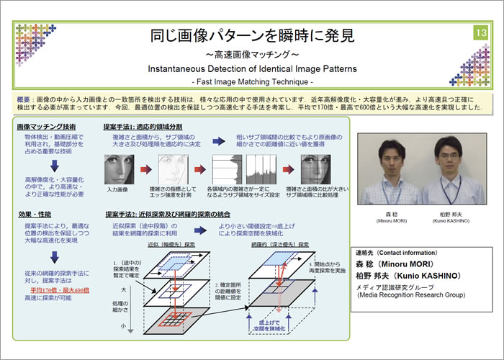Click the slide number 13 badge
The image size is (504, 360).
[480, 33]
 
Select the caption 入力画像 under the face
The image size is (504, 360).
[117, 190]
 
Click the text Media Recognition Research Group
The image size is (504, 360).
[414, 295]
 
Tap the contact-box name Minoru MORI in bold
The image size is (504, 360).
[415, 264]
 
